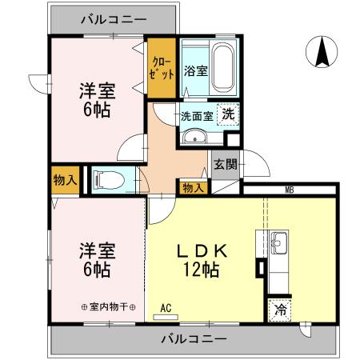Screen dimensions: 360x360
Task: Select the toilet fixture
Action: (x=109, y=179)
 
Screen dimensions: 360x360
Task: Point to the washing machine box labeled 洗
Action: (x=228, y=115)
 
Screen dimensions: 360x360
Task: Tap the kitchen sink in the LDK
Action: (x=278, y=240)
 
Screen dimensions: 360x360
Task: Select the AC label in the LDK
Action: (x=166, y=307)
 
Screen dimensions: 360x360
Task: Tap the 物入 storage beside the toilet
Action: (x=65, y=180)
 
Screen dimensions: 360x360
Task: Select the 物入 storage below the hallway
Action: (x=191, y=187)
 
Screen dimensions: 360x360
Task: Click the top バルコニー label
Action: (x=114, y=18)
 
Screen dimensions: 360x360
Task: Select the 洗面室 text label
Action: (x=195, y=115)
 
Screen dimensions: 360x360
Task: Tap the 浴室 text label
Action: (x=196, y=70)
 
